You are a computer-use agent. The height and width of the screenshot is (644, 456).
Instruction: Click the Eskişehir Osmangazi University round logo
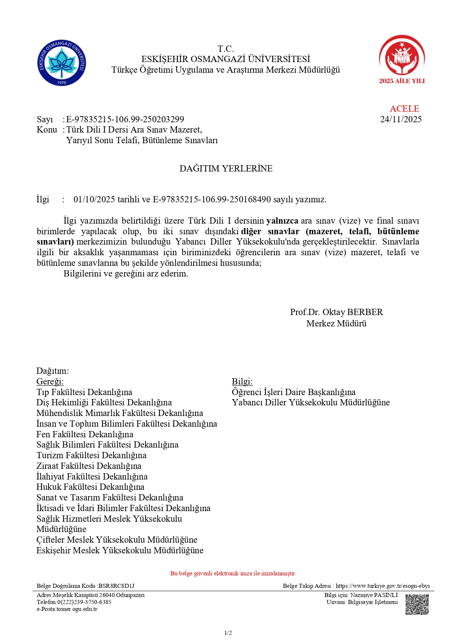point(62,63)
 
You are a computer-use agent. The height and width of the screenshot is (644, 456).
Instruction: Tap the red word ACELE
point(404,109)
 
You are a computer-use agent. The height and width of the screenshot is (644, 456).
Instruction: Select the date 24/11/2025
point(401,119)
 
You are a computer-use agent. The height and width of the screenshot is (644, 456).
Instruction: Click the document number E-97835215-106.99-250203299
point(125,119)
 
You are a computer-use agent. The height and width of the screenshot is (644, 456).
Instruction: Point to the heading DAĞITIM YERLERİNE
point(226,169)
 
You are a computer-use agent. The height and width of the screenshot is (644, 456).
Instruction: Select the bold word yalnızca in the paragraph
point(282,221)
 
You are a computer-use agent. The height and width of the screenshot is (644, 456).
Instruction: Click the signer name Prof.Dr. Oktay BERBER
point(336,312)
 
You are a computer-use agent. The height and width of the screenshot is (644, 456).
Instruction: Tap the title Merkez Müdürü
point(336,323)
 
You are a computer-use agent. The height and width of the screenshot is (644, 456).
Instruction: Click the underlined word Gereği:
point(50,381)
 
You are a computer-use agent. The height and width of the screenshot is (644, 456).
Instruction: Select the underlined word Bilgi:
point(242,381)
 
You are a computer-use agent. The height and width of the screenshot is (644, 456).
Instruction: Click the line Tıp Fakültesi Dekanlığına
point(84,392)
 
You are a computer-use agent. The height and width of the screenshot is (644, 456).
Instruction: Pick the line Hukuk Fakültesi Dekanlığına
point(90,487)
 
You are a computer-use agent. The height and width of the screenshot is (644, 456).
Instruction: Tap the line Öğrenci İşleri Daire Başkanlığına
point(294,392)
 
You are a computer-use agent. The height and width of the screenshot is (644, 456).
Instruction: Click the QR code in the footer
point(417,604)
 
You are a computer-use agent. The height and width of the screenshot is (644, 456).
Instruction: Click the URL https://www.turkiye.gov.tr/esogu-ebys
point(383,586)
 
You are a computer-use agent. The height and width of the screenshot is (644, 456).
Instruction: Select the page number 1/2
point(228,633)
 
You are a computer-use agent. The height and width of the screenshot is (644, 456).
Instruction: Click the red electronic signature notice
point(233,574)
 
